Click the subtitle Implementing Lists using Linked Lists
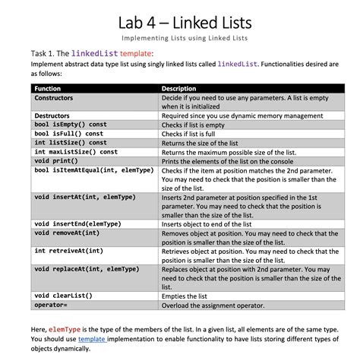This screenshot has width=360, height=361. pyautogui.click(x=180, y=37)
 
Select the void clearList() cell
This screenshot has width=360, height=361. pyautogui.click(x=65, y=295)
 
